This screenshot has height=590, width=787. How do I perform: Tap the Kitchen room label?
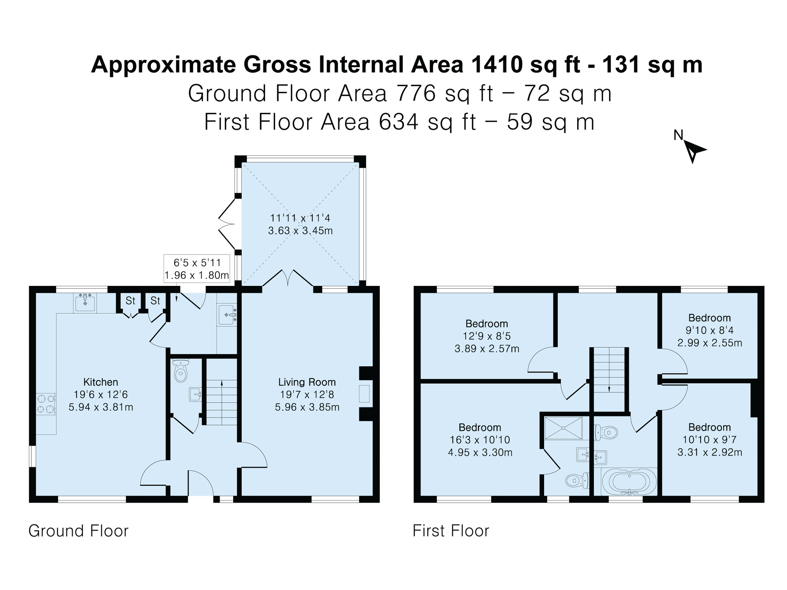101,382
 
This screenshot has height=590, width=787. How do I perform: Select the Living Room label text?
307,382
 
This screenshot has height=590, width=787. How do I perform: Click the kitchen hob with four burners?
46,404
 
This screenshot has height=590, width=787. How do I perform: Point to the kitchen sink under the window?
85,303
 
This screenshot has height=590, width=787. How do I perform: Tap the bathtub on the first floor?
628,482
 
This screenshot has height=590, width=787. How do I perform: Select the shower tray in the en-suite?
563,428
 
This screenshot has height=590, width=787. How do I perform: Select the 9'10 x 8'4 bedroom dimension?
710,330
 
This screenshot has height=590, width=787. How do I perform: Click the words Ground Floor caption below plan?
79,531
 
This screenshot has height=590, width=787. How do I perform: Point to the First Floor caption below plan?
451,531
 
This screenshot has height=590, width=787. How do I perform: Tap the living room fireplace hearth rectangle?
364,393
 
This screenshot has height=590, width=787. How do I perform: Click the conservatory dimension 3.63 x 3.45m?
300,231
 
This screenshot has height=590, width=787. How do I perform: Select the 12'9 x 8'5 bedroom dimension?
487,336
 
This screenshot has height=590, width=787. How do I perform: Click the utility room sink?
227,315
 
